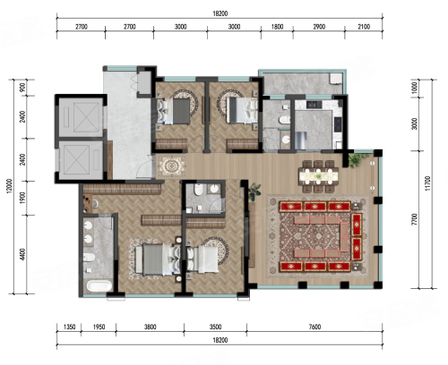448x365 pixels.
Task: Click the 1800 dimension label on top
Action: click(x=277, y=27)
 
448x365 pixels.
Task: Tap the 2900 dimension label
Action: click(x=319, y=27)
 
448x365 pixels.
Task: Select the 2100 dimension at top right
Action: click(x=364, y=27)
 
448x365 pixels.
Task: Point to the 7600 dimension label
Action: click(x=314, y=327)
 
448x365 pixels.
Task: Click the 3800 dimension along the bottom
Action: click(x=150, y=327)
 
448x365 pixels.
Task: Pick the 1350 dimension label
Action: click(x=69, y=327)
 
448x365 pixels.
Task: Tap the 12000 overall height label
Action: click(x=9, y=186)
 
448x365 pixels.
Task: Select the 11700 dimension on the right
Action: click(x=427, y=183)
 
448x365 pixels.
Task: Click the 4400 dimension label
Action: click(x=22, y=254)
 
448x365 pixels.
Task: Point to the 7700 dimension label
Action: click(x=414, y=219)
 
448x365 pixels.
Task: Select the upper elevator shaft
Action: click(x=82, y=117)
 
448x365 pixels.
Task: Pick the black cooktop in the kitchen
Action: click(x=338, y=124)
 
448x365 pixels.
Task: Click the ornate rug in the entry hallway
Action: click(x=171, y=166)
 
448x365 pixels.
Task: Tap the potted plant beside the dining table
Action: click(x=356, y=159)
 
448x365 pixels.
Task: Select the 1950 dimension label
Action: click(x=99, y=327)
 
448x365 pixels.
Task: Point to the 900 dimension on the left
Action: click(x=22, y=88)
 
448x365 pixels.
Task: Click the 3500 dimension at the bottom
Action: click(x=215, y=327)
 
